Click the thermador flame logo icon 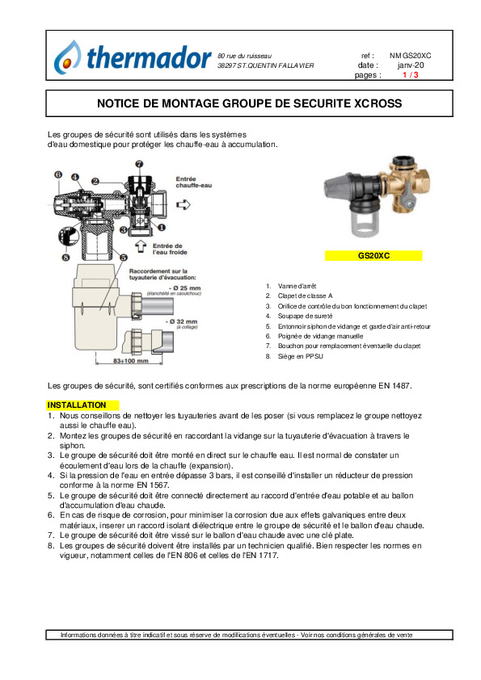click(67, 57)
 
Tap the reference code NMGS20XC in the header click(410, 56)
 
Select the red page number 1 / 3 click(410, 74)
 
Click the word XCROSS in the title click(378, 103)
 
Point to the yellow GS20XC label click(373, 256)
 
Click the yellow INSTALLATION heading click(77, 405)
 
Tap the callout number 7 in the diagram click(139, 164)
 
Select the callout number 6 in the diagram click(58, 174)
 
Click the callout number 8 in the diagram click(65, 258)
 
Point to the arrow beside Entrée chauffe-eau click(184, 204)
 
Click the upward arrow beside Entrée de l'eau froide click(141, 246)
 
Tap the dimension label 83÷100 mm click(130, 361)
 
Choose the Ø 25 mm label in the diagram click(185, 288)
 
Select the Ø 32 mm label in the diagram click(181, 321)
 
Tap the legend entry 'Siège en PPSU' click(301, 356)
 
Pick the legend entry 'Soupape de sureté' click(306, 316)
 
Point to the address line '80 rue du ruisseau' click(244, 56)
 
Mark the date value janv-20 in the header click(411, 65)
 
